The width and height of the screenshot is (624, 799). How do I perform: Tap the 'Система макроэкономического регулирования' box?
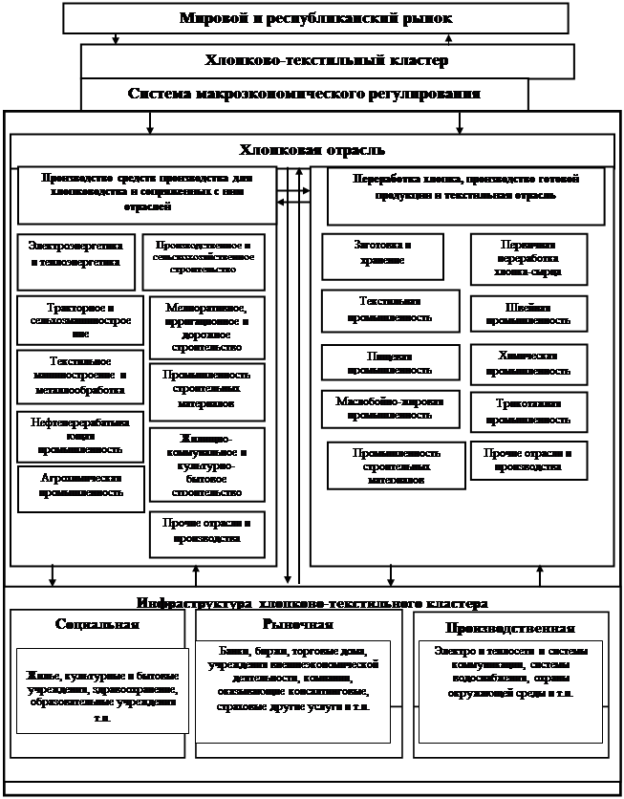[304, 95]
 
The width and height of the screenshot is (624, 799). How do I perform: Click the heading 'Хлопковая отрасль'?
[312, 150]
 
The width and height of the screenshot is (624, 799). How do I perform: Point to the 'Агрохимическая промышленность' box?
[75, 487]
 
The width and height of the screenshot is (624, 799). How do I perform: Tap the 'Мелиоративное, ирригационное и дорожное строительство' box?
[206, 323]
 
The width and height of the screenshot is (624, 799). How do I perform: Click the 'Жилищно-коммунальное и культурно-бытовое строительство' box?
[206, 464]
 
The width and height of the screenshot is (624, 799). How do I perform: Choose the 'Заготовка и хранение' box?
[382, 254]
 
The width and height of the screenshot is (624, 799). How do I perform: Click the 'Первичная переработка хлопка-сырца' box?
[527, 258]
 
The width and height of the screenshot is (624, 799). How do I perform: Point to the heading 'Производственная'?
[509, 628]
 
